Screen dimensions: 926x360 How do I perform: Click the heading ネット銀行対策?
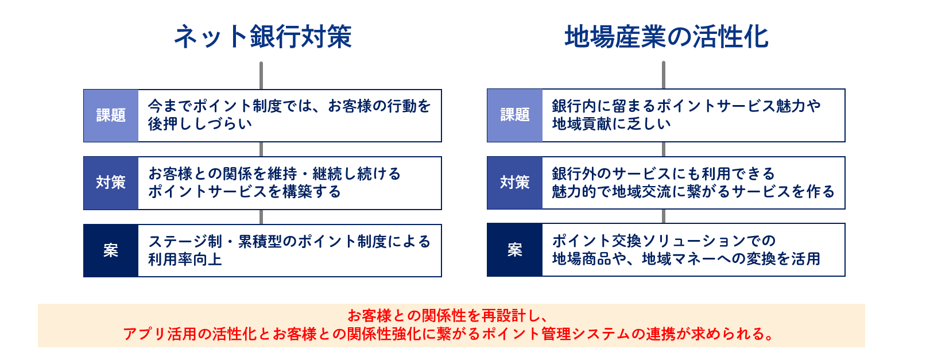[263, 37]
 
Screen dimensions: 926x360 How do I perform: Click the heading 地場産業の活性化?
[667, 37]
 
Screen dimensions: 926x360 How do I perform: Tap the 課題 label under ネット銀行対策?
[111, 115]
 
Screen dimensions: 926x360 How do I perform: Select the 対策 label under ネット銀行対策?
[111, 182]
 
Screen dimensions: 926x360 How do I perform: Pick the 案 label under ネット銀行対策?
[111, 250]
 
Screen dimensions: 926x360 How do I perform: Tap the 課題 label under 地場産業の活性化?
[515, 114]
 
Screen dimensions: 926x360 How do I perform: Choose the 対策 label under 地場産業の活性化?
[515, 182]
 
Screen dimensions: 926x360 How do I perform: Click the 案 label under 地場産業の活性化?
[515, 250]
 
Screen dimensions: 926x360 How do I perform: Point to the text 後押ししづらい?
[200, 124]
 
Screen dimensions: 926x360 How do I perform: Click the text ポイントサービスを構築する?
[245, 192]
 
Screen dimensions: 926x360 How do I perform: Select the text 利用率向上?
[185, 260]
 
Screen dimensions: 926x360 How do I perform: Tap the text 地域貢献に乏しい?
[611, 124]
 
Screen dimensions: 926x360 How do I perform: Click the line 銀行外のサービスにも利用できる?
[664, 174]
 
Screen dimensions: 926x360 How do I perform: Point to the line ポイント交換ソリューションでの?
[664, 241]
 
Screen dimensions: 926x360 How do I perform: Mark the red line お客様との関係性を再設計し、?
[448, 316]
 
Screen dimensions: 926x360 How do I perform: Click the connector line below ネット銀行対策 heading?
[261, 76]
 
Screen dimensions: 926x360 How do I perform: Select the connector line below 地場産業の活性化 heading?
[664, 75]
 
